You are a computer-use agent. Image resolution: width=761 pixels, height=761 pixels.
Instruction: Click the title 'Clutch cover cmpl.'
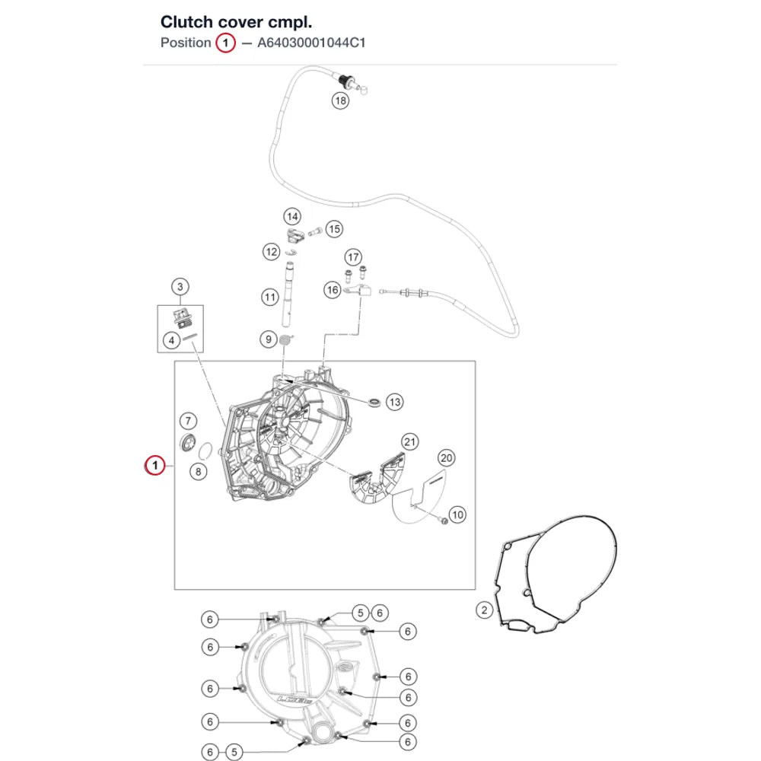pos(236,22)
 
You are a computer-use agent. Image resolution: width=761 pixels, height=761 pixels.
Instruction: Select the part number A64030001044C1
pos(311,43)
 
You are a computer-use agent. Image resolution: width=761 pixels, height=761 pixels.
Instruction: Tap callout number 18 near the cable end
pos(340,100)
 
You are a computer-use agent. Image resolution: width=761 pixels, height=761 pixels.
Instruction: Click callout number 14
pos(292,216)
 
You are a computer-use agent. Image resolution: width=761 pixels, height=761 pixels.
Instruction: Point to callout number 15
pos(334,229)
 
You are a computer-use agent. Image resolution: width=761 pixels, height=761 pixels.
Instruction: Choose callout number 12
pos(272,251)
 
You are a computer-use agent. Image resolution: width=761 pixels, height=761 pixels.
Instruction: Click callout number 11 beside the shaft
pos(270,297)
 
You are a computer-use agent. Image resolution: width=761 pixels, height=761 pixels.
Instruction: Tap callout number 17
pos(353,257)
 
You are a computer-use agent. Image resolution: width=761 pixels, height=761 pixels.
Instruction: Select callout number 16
pos(333,290)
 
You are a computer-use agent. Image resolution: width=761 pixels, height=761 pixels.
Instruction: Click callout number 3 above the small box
pos(180,287)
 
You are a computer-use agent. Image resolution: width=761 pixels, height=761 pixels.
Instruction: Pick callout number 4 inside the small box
pos(171,340)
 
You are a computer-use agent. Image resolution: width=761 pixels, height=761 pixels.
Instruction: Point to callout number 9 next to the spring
pos(269,339)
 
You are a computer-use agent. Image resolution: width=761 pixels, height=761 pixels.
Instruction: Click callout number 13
pos(394,402)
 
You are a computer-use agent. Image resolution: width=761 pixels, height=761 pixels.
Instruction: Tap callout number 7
pos(188,420)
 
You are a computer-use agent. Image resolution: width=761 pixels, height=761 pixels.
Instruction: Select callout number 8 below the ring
pos(198,471)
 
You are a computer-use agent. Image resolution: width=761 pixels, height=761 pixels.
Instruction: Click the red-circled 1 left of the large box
pos(154,466)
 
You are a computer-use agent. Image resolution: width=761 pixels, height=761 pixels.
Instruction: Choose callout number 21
pos(410,441)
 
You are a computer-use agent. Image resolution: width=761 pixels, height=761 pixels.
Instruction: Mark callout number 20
pos(447,457)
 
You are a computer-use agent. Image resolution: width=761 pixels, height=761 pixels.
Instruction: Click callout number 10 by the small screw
pos(457,514)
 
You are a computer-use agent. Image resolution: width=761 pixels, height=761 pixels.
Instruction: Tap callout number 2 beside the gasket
pos(484,610)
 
